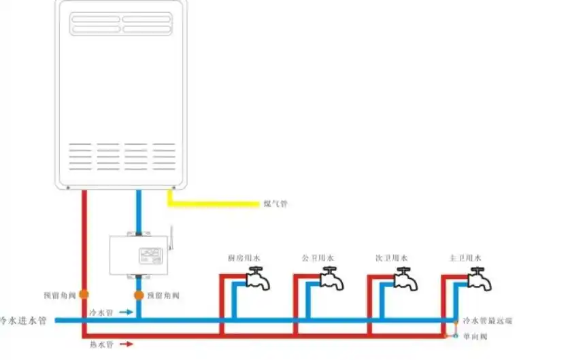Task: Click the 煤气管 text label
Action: (x=275, y=203)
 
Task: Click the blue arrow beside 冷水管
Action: (x=126, y=312)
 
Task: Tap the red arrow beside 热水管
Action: (x=127, y=344)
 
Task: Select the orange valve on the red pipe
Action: (x=84, y=295)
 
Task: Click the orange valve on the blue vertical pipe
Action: (x=139, y=295)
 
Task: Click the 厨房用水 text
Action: (x=244, y=259)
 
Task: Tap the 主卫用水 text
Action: (x=465, y=259)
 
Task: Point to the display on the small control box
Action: (x=151, y=256)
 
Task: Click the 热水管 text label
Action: (x=101, y=344)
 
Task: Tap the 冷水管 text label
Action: (x=101, y=312)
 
